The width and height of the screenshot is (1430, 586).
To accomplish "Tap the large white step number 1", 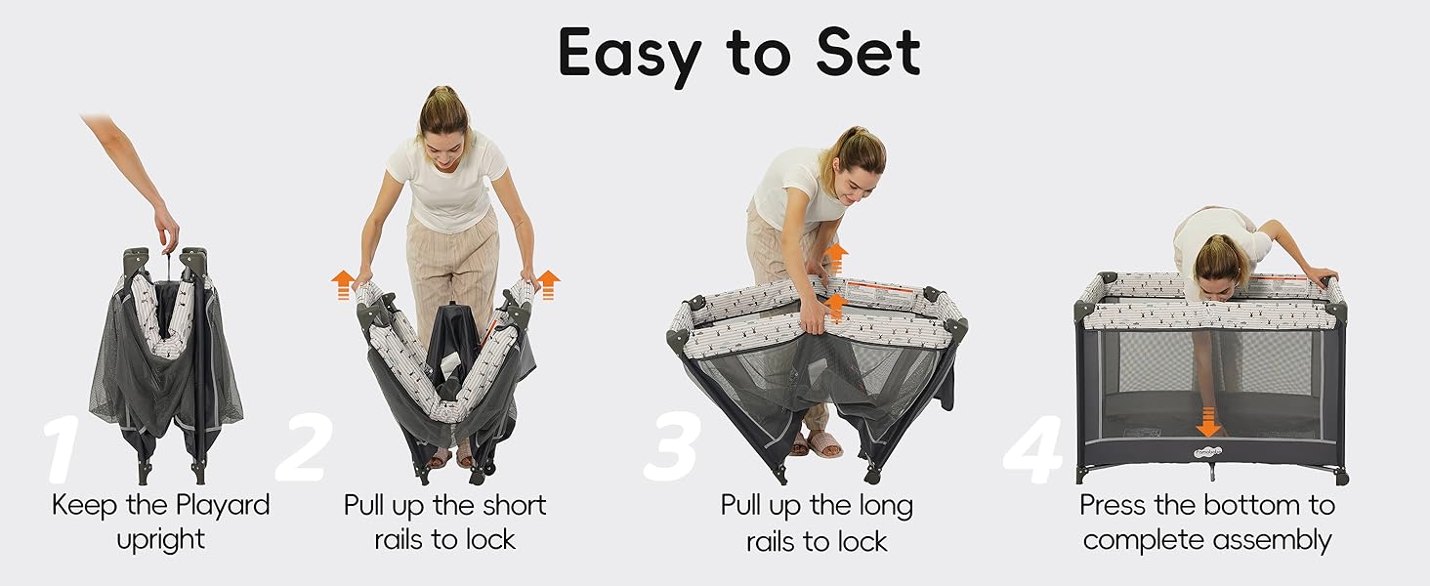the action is click(x=62, y=449).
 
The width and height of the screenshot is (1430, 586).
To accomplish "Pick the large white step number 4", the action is click(x=1032, y=449).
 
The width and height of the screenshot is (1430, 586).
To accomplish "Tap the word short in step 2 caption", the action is click(x=514, y=505).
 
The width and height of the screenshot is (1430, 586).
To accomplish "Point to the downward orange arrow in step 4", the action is click(x=1208, y=420).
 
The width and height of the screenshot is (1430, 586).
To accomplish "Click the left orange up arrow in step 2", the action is click(x=343, y=285).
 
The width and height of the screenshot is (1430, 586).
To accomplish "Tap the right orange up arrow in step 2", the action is click(x=548, y=285).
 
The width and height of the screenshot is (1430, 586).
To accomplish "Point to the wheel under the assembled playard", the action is click(x=1342, y=477).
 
